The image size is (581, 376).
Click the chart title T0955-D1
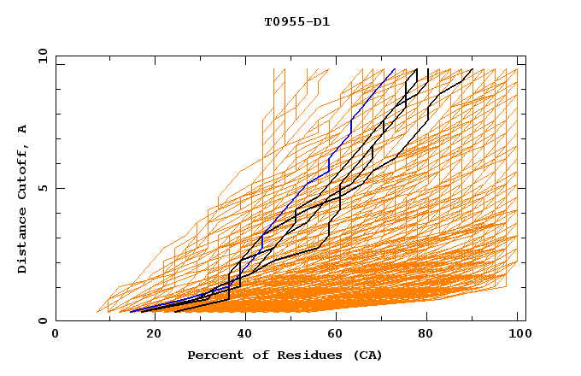click(x=296, y=21)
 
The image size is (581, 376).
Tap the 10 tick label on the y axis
click(x=40, y=56)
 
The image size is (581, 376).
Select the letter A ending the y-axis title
click(x=23, y=129)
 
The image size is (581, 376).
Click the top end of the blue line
click(x=395, y=69)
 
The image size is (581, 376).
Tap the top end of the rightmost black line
click(x=472, y=69)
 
